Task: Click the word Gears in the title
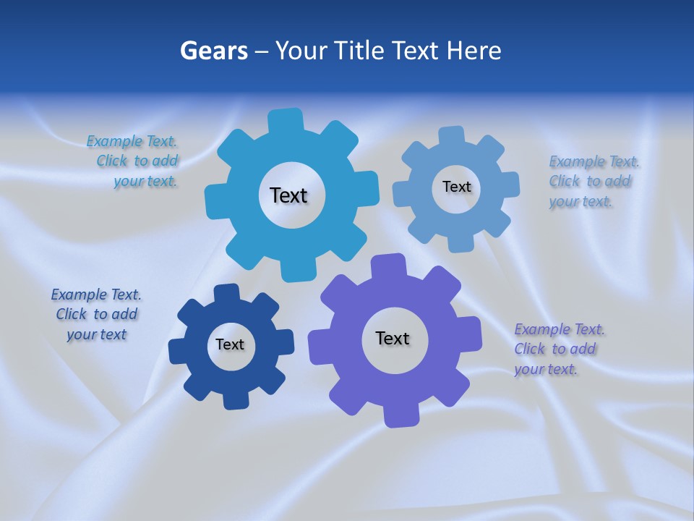point(214,51)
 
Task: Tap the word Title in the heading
point(360,51)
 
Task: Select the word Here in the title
point(474,51)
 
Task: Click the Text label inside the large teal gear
point(288,195)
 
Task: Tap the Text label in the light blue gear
point(456,187)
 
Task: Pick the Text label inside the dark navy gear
point(230,344)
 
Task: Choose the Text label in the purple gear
point(393,338)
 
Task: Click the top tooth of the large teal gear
point(286,120)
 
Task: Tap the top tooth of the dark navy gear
point(226,293)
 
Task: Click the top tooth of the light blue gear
point(452,135)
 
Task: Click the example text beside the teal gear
point(137,161)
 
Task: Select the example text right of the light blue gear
point(593,181)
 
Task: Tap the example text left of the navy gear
point(96,314)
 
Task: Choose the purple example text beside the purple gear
point(558,349)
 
